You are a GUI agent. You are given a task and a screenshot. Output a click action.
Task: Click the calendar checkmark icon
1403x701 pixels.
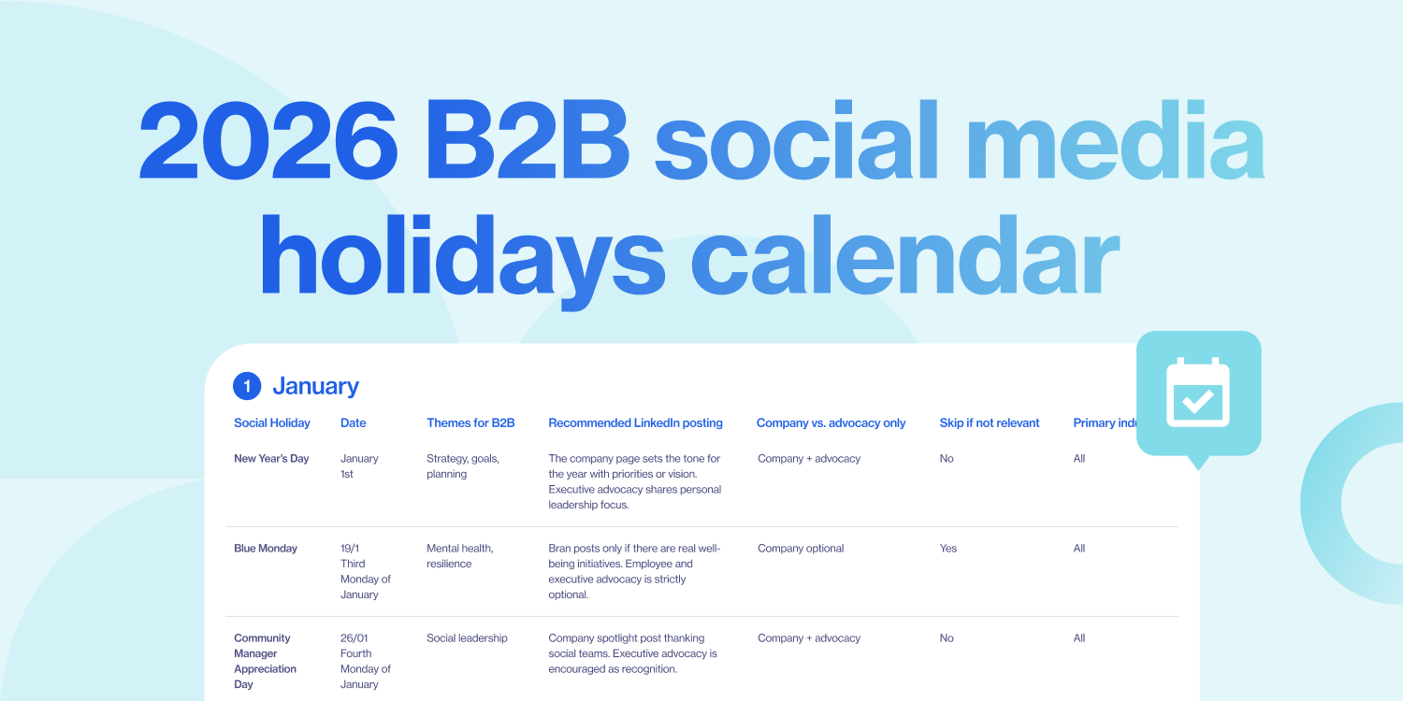click(x=1198, y=393)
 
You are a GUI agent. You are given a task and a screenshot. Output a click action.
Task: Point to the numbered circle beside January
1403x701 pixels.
click(x=246, y=386)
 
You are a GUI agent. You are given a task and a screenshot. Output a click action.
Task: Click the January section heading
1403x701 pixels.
click(x=315, y=386)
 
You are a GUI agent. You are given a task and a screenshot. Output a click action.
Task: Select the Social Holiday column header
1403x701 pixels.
click(x=271, y=423)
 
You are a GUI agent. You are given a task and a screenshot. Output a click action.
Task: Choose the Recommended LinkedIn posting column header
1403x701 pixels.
click(x=635, y=423)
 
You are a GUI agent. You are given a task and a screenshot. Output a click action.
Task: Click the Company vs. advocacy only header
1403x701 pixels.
click(x=831, y=423)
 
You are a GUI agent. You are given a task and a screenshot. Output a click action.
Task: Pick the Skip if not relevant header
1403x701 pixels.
click(x=990, y=423)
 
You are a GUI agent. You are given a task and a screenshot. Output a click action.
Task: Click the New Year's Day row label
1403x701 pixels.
click(x=271, y=459)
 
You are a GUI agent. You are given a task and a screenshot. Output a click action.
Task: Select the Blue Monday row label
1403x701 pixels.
click(x=266, y=549)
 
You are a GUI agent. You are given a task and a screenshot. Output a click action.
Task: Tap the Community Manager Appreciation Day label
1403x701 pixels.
click(x=266, y=661)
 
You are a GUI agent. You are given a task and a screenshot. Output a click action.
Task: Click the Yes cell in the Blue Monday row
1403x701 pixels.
click(x=948, y=549)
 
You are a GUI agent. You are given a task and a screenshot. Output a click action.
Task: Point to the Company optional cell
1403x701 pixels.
click(x=801, y=549)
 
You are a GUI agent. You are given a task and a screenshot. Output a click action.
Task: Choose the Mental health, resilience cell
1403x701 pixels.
click(x=460, y=556)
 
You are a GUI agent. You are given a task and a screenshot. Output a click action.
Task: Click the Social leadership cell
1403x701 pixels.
click(x=467, y=638)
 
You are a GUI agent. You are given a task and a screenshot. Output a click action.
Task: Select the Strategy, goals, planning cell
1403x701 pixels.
click(x=463, y=466)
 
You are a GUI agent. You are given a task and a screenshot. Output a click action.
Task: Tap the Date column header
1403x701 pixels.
click(x=353, y=423)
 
